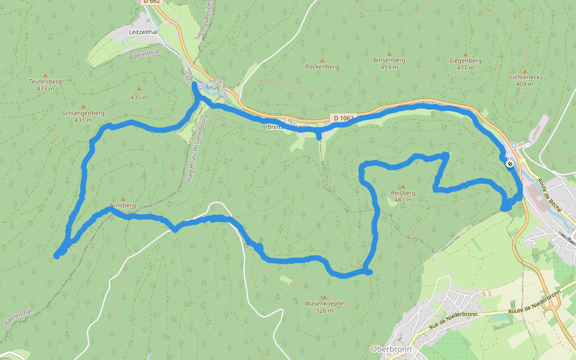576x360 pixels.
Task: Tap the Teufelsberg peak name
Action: click(x=45, y=81)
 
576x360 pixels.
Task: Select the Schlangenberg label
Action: click(x=83, y=113)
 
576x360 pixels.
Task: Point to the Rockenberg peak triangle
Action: click(x=322, y=60)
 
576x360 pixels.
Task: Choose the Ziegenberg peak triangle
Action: click(x=465, y=55)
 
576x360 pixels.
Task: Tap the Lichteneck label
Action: click(x=524, y=77)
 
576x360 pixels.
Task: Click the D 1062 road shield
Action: click(x=343, y=118)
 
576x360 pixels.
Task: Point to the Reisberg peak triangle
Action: click(x=403, y=186)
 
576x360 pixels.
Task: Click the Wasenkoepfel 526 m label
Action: click(x=324, y=307)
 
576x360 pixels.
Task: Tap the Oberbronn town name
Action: click(x=391, y=349)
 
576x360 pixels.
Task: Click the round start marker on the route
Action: click(x=509, y=164)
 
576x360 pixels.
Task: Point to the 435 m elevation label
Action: click(x=139, y=97)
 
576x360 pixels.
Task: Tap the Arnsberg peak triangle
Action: click(x=123, y=199)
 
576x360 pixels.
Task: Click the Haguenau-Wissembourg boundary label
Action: click(x=194, y=149)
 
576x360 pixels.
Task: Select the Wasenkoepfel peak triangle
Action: click(x=324, y=297)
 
